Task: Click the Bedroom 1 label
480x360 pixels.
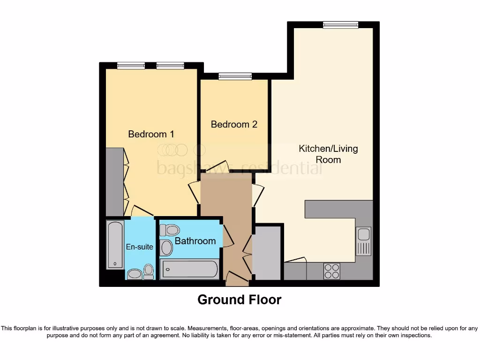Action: (151, 134)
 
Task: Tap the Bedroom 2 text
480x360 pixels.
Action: (234, 124)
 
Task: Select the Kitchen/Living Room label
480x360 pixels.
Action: (328, 154)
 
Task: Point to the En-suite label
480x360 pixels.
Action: (139, 247)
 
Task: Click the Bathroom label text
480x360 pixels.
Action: (195, 241)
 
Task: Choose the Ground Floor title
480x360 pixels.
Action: (240, 300)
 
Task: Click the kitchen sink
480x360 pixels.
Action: (363, 241)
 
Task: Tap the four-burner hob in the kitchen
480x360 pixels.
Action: (332, 271)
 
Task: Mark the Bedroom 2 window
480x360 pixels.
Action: (235, 76)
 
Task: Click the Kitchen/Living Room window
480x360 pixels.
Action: (340, 25)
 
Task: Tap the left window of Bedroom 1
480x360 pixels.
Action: (131, 66)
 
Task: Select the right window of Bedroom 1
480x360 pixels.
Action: (170, 66)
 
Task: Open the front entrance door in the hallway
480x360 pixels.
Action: (237, 279)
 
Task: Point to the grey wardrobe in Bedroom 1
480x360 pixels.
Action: (114, 182)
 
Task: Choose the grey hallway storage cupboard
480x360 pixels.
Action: (266, 253)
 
